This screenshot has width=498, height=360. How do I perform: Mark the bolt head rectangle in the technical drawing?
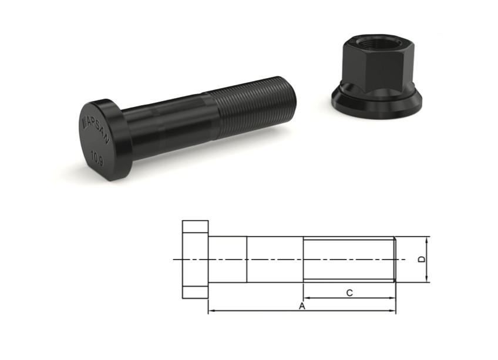coord(195,259)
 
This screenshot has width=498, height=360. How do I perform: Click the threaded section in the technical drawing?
coord(349,259)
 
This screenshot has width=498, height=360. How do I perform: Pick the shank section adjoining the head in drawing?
coord(227,259)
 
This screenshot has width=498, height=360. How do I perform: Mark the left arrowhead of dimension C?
coord(306,298)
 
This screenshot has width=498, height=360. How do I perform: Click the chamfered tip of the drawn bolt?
coord(396,259)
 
